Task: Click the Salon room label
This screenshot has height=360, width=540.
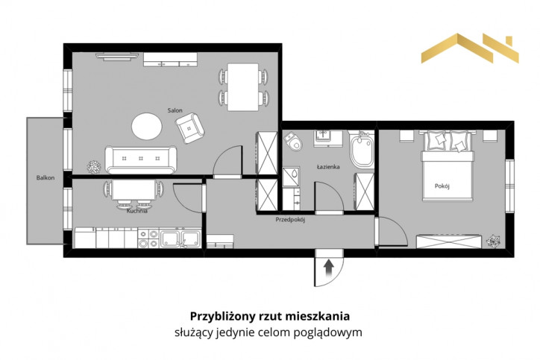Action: point(175,110)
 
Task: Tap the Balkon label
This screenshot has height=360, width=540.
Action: point(45,178)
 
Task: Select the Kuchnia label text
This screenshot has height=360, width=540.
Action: point(137,211)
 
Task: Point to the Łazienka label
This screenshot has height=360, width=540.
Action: point(328,167)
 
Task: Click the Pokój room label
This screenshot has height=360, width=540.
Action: point(442,186)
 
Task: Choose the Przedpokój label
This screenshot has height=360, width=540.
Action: point(290,220)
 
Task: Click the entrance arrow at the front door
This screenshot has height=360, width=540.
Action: point(329,268)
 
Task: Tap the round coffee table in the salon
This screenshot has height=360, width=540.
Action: point(147,126)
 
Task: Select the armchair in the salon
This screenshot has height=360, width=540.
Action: point(189,128)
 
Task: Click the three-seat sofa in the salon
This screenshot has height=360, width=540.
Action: point(141,160)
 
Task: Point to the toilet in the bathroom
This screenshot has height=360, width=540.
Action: point(293,142)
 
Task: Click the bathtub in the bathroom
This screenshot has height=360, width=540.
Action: point(361,149)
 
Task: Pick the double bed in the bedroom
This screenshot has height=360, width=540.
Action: point(448,165)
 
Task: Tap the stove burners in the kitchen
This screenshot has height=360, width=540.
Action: point(148,239)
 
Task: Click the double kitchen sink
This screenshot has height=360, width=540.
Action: point(180,239)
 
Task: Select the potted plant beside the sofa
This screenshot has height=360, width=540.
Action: point(94,167)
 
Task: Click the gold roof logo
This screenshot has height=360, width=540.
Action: point(470,48)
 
